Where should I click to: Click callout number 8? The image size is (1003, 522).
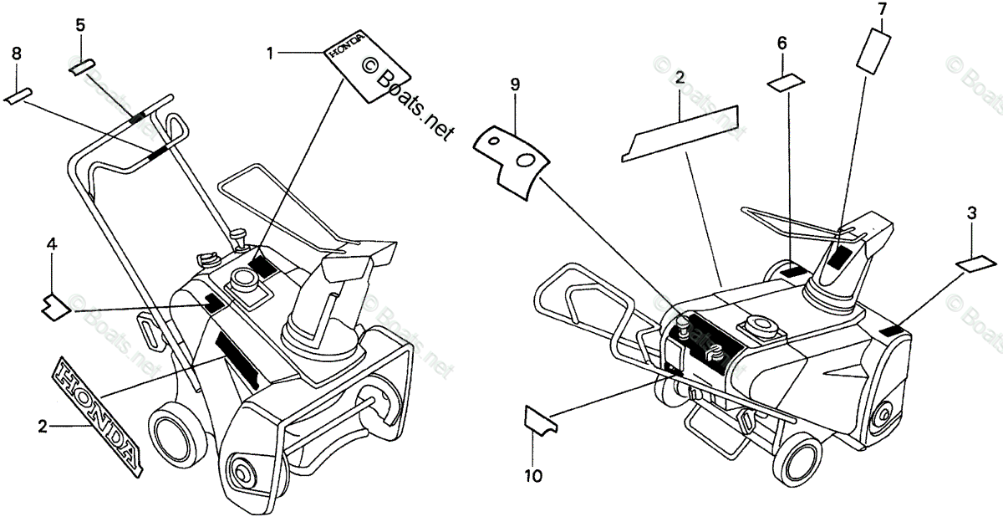click(x=17, y=54)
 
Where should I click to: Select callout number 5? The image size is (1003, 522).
click(x=80, y=25)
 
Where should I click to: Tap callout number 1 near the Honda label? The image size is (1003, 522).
click(x=270, y=54)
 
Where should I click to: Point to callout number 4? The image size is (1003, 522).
click(x=52, y=245)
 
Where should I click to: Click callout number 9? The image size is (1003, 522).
click(x=515, y=84)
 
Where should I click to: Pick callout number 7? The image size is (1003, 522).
click(x=881, y=10)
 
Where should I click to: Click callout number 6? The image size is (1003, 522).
click(x=782, y=43)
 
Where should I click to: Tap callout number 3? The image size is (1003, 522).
click(x=971, y=213)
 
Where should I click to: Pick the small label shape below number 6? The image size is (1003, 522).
click(x=786, y=81)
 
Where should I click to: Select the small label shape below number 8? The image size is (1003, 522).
click(x=18, y=95)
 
